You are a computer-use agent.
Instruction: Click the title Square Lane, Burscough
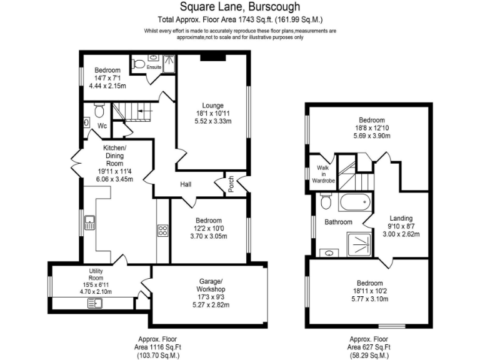coord(239,7)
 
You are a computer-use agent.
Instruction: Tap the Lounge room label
coord(212,105)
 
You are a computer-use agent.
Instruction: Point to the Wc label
coord(102,126)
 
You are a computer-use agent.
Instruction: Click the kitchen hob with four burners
coord(163,231)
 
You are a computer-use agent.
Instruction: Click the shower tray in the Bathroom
coord(359,242)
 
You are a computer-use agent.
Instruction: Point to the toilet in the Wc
coord(98,111)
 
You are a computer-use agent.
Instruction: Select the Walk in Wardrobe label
coord(324,174)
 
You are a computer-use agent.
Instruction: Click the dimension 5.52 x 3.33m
coord(212,122)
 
